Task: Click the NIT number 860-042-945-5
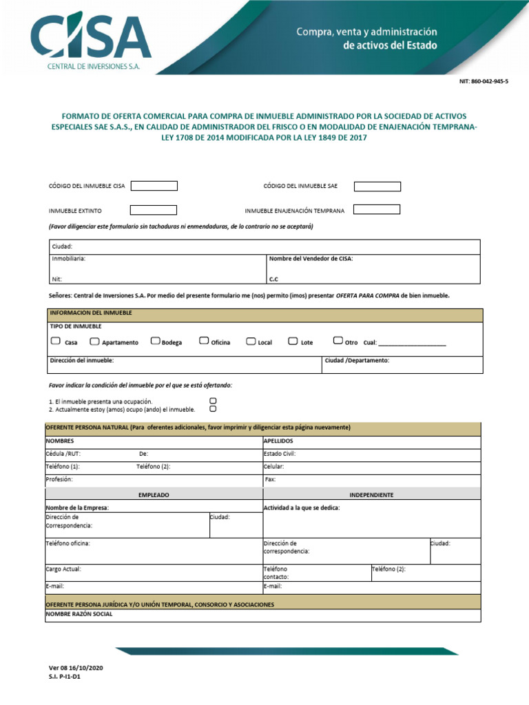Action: pos(484,81)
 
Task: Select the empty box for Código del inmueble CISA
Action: pos(154,186)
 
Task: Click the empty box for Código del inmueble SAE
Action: pos(377,186)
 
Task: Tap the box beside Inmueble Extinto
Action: pos(154,210)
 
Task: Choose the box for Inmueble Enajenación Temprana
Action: pos(377,209)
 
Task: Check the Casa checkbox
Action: pos(55,341)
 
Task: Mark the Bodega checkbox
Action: pos(155,341)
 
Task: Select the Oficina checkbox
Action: pos(204,341)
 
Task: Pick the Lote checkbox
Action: pos(293,341)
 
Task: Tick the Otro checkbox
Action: pos(338,340)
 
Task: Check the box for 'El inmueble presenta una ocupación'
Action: pos(213,400)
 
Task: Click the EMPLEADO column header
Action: pos(154,494)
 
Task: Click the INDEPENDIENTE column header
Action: pos(371,494)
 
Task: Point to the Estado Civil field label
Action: pos(280,454)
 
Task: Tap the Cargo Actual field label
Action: pos(63,569)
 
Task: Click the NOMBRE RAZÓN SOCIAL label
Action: pos(79,614)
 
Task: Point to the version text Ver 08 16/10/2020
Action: pos(76,668)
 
